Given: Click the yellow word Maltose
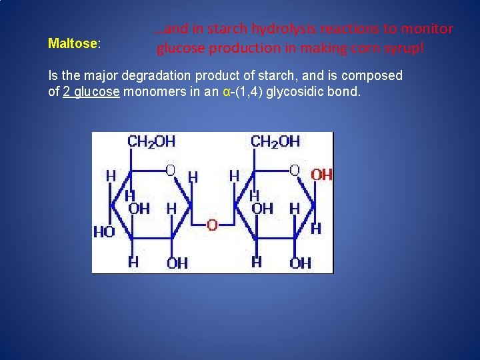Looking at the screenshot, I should pos(73,44).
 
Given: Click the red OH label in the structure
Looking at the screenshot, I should pos(321,175).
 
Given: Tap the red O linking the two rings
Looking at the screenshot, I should pos(212,225).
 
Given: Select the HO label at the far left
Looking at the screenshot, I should pos(103,232).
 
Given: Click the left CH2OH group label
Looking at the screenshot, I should pos(151,141).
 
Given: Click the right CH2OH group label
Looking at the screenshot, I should pos(275,141).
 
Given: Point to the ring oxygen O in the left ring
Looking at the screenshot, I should pos(170,171).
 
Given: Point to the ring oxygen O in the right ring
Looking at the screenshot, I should pos(294,171).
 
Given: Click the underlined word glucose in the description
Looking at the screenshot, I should pos(97,92).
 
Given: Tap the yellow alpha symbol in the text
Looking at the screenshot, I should pos(227,92).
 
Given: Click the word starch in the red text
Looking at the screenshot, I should pos(229,29).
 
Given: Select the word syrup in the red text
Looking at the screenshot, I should pos(404,49).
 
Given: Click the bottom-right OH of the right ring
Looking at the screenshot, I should pos(300,263).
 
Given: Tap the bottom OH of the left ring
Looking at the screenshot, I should pos(177,263).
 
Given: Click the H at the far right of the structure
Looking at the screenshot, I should pos(316,229).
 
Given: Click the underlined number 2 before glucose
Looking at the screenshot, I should pos(67,92).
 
